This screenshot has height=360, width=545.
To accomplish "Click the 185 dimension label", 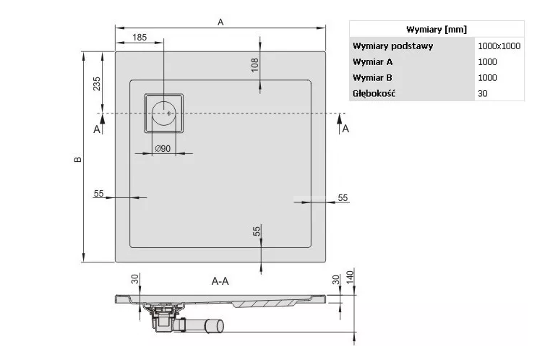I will (x=140, y=37).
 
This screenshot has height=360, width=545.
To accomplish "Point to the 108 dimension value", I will (x=254, y=64).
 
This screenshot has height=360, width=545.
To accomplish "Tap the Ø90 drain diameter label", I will (x=162, y=148).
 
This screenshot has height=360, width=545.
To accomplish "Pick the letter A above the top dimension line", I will (x=220, y=22).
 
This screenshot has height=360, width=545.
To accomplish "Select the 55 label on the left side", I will (x=99, y=193).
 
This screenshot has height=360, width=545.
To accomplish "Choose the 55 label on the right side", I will (x=343, y=197).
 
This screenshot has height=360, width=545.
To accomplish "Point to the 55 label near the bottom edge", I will (x=255, y=231).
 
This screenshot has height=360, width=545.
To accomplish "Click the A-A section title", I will (x=220, y=281).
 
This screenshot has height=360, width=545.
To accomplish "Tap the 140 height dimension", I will (x=349, y=277).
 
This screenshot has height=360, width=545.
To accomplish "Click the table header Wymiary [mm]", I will (x=437, y=29).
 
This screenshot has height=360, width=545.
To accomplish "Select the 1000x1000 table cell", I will (x=499, y=46).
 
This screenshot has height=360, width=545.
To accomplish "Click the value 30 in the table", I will (x=482, y=93).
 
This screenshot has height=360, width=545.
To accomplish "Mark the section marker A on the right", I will (x=346, y=129).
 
